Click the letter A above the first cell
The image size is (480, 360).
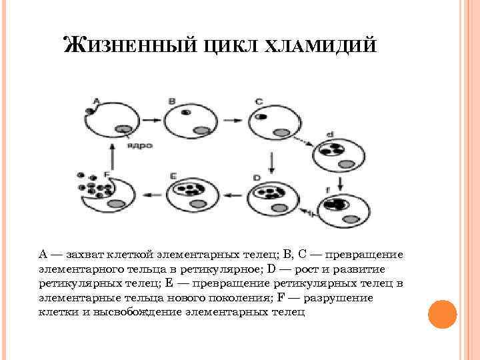pos(95,101)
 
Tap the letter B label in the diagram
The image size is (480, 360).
pos(172,101)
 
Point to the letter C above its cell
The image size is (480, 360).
pos(259,101)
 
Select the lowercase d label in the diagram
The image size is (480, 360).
pos(330,134)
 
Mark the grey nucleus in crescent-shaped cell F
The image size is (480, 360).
pos(117,203)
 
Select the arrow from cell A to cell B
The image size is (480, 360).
pos(150,121)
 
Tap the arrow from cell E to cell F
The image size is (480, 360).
pos(149,195)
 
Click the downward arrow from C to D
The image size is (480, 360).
pos(271,159)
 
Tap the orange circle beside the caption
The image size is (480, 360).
pos(441,313)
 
